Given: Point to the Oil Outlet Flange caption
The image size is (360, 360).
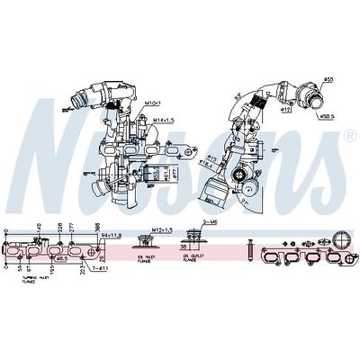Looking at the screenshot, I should [192, 259].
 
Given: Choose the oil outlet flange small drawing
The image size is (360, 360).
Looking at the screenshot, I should [192, 239].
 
